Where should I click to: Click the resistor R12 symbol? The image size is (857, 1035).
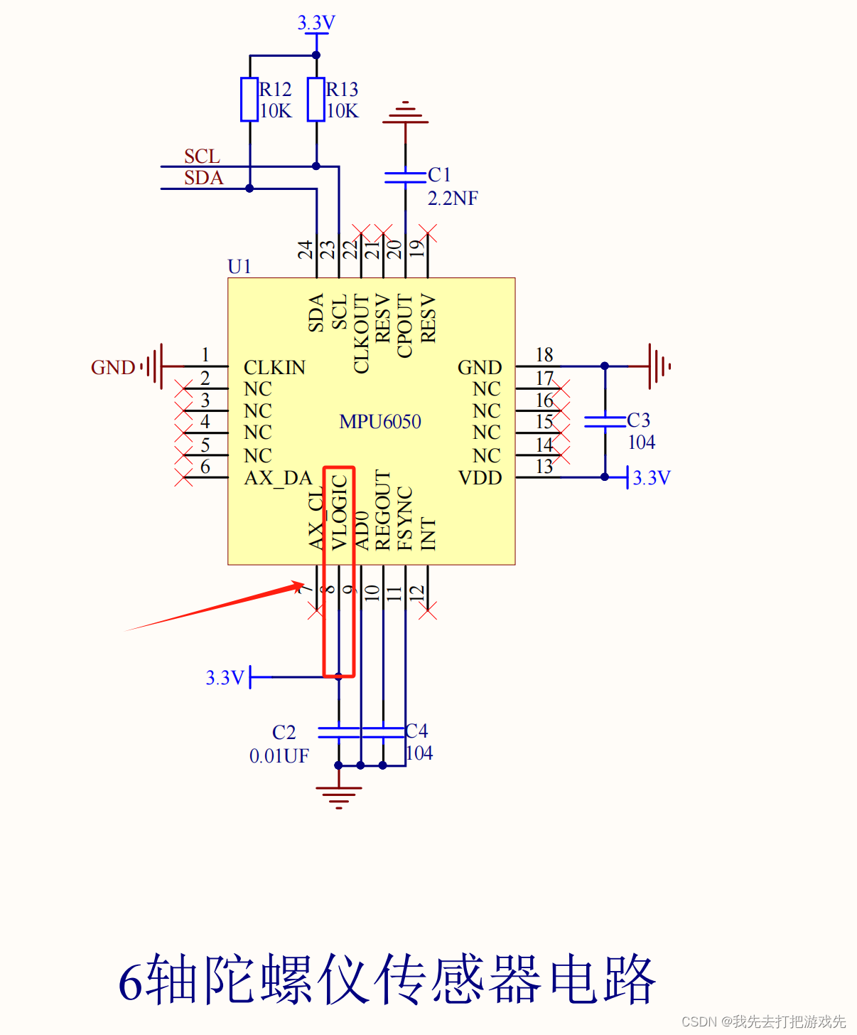(249, 100)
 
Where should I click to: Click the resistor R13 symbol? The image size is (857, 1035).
(316, 100)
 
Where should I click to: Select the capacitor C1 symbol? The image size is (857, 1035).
(405, 177)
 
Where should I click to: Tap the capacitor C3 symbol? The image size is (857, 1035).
(605, 421)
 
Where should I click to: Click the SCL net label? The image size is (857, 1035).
(202, 156)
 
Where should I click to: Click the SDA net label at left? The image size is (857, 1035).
(203, 178)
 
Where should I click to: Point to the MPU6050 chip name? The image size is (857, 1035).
(380, 422)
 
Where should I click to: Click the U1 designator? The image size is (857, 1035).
(239, 267)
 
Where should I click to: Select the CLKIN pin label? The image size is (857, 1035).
(274, 368)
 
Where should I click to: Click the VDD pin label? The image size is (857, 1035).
(480, 478)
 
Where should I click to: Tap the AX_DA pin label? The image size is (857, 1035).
(278, 478)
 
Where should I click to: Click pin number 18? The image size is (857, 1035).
(544, 355)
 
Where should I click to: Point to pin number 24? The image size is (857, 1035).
(306, 250)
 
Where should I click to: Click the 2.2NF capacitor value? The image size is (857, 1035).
(453, 198)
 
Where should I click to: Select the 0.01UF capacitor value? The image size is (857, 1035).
(279, 756)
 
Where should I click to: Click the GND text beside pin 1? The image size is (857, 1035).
(113, 368)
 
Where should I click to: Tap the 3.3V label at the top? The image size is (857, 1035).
(316, 23)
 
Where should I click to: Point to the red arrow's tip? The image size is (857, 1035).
(303, 584)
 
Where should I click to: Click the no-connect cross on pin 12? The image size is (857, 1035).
(428, 610)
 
